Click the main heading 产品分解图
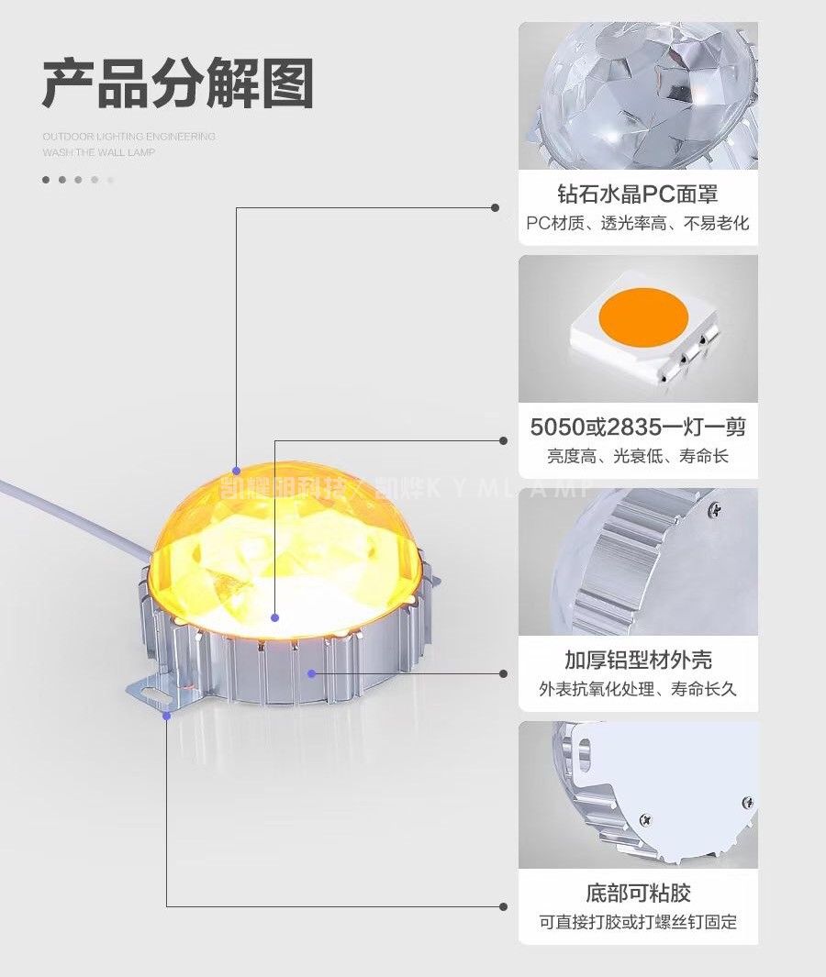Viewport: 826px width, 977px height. pyautogui.click(x=177, y=84)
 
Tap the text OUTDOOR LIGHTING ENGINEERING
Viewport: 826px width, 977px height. pyautogui.click(x=128, y=137)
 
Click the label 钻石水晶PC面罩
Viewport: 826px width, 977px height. pyautogui.click(x=638, y=194)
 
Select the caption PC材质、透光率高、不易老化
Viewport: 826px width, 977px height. pyautogui.click(x=638, y=223)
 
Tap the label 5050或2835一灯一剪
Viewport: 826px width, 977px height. pyautogui.click(x=638, y=427)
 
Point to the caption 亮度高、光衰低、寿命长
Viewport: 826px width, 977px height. pyautogui.click(x=638, y=456)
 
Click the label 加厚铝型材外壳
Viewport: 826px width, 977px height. pyautogui.click(x=638, y=660)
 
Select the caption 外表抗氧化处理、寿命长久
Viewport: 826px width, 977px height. pyautogui.click(x=638, y=689)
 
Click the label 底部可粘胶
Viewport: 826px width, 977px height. pyautogui.click(x=638, y=893)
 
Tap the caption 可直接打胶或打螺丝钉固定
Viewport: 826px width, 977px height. pyautogui.click(x=638, y=922)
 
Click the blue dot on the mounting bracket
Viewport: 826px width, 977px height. pyautogui.click(x=166, y=716)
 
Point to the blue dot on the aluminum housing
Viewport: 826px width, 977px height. pyautogui.click(x=312, y=673)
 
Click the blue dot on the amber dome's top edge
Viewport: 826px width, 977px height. pyautogui.click(x=236, y=471)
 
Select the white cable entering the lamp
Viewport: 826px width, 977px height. pyautogui.click(x=73, y=510)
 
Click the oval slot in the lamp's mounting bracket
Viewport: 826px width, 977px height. pyautogui.click(x=164, y=698)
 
